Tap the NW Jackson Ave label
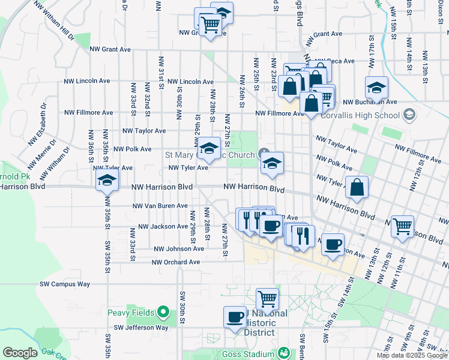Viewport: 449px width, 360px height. click(x=163, y=227)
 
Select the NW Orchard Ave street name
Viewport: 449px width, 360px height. click(x=175, y=262)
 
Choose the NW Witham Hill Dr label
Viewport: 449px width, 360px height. click(x=54, y=20)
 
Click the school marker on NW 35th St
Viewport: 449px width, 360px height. click(x=107, y=180)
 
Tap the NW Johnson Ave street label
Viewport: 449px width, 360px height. click(x=179, y=248)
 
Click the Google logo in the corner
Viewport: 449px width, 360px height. click(x=20, y=353)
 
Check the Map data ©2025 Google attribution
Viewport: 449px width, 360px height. click(x=411, y=355)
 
